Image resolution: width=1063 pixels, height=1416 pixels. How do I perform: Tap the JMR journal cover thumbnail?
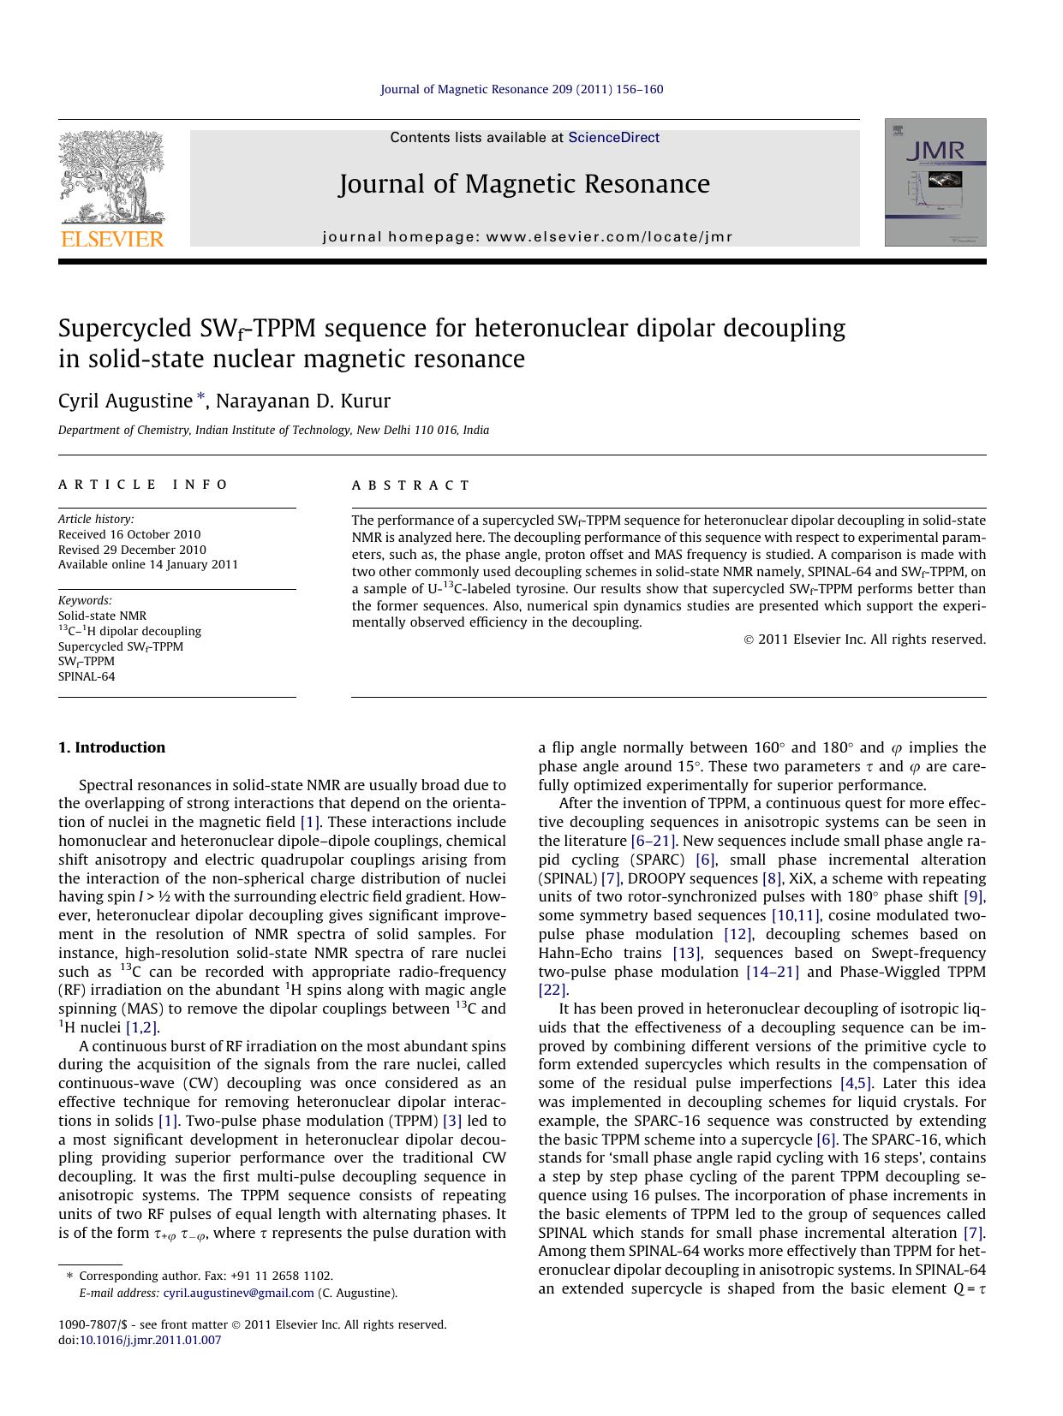pos(935,182)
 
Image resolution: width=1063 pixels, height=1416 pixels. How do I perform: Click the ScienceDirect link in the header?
pos(613,137)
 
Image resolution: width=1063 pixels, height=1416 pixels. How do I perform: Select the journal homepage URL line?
pos(527,237)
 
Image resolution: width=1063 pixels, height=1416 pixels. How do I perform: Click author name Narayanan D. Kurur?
pos(302,401)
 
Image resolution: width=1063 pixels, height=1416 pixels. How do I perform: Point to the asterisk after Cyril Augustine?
pos(201,397)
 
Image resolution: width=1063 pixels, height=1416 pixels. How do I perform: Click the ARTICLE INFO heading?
pos(143,485)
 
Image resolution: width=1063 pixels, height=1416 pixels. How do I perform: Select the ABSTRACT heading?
pos(411,485)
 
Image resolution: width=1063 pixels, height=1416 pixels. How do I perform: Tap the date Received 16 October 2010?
pos(129,534)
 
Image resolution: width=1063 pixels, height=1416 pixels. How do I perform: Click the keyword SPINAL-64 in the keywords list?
pos(87,676)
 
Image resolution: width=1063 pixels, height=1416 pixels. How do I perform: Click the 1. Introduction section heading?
pos(111,747)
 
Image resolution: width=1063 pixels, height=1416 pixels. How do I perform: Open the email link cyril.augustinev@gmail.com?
pos(238,1293)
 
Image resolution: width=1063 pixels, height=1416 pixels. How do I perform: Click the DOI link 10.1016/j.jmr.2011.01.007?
pos(150,1340)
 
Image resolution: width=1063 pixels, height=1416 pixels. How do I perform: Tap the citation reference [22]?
pos(552,990)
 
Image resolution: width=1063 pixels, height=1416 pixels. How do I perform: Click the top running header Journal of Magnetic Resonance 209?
pos(521,89)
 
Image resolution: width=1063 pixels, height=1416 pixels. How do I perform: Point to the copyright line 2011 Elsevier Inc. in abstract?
pos(864,639)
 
